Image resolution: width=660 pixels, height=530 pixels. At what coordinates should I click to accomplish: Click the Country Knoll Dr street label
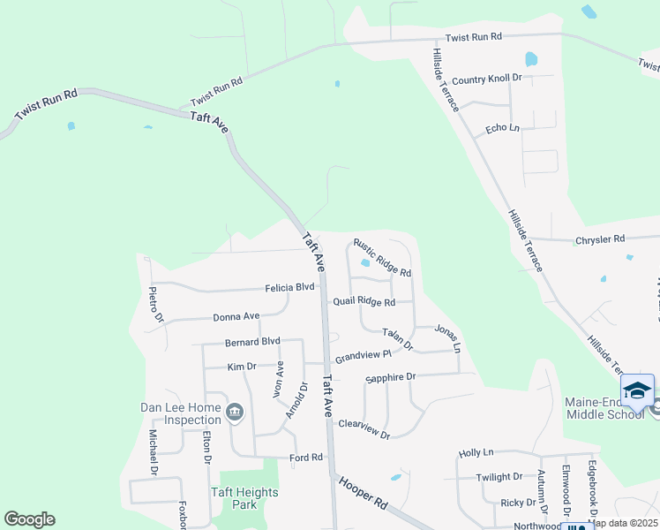486,79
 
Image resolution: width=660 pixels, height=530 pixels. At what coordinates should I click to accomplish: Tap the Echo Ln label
502,129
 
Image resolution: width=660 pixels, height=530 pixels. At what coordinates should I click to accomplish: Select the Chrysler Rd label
599,238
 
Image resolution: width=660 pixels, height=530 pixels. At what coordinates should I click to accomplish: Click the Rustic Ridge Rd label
382,258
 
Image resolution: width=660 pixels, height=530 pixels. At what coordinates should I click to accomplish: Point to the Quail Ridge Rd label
363,301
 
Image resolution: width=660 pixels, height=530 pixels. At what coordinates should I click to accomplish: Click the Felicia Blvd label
290,288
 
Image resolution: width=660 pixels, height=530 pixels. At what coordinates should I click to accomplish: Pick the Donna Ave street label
236,316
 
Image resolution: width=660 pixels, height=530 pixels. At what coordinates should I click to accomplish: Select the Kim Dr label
241,366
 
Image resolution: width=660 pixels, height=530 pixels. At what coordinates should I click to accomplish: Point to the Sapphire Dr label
390,377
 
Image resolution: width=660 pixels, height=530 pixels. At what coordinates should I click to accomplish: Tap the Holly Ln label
476,453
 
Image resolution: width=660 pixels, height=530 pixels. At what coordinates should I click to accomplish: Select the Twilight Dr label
499,477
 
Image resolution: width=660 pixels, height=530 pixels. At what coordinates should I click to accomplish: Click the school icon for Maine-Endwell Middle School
637,389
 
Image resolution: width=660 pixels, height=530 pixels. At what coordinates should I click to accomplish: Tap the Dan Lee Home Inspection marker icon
236,411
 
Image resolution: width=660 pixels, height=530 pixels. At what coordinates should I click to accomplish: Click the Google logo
29,519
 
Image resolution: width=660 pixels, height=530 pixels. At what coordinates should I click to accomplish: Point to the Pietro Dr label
156,303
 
